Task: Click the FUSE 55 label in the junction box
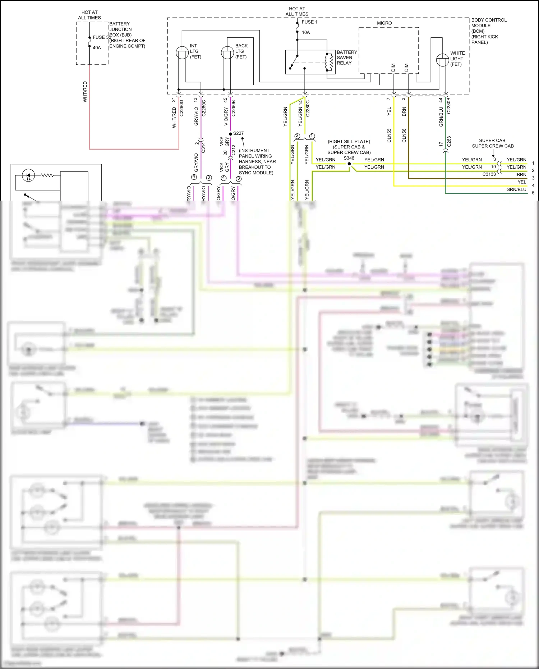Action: [102, 37]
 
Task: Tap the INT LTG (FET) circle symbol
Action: [182, 53]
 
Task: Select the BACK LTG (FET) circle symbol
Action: [227, 53]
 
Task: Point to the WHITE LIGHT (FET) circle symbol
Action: [442, 60]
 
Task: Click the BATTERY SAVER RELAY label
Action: [346, 58]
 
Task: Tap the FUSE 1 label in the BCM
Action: [309, 22]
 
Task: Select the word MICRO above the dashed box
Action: [384, 23]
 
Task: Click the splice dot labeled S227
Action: [230, 134]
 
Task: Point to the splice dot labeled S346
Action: [349, 164]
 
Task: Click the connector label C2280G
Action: [181, 108]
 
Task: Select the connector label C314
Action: [203, 147]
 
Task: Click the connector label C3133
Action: [489, 174]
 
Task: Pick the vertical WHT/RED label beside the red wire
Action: [85, 92]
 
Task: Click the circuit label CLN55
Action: [389, 136]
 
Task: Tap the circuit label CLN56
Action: [404, 136]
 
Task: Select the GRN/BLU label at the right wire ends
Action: [516, 189]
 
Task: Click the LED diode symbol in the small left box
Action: [28, 175]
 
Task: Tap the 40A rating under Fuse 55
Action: [97, 48]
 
